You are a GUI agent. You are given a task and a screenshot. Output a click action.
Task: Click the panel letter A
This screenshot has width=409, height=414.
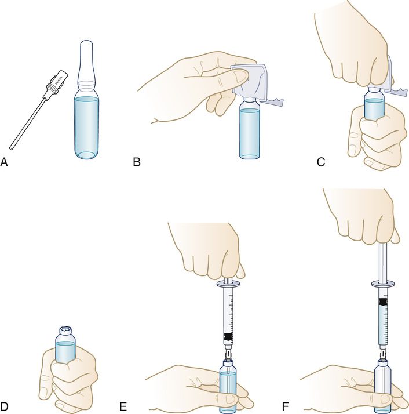(x=4, y=162)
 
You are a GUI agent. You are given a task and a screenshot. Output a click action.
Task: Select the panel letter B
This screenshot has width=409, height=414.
(x=137, y=162)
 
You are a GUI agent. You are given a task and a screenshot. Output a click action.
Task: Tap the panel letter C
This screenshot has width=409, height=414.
(x=321, y=162)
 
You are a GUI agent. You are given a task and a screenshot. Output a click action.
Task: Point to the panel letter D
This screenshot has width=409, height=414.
(x=5, y=406)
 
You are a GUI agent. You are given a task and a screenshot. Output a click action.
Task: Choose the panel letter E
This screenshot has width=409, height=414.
(x=123, y=406)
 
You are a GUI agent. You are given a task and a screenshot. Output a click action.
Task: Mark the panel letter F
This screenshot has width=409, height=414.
(x=285, y=406)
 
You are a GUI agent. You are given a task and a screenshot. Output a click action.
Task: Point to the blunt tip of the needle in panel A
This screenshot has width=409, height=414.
(x=11, y=148)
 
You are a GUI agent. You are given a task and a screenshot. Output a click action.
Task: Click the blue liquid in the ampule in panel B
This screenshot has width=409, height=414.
(x=249, y=133)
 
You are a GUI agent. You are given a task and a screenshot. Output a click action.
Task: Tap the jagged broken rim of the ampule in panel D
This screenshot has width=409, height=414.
(x=65, y=329)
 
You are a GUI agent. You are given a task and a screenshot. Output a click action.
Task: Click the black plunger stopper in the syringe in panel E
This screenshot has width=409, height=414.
(x=228, y=337)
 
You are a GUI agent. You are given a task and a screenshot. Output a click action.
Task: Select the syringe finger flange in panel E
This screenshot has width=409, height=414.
(x=228, y=285)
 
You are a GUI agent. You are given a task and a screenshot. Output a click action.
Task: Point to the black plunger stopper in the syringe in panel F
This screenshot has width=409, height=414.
(x=383, y=302)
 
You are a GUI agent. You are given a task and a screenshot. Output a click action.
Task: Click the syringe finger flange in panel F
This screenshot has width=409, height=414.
(x=383, y=284)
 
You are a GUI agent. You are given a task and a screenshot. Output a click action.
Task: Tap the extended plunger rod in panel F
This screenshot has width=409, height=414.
(x=383, y=262)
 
